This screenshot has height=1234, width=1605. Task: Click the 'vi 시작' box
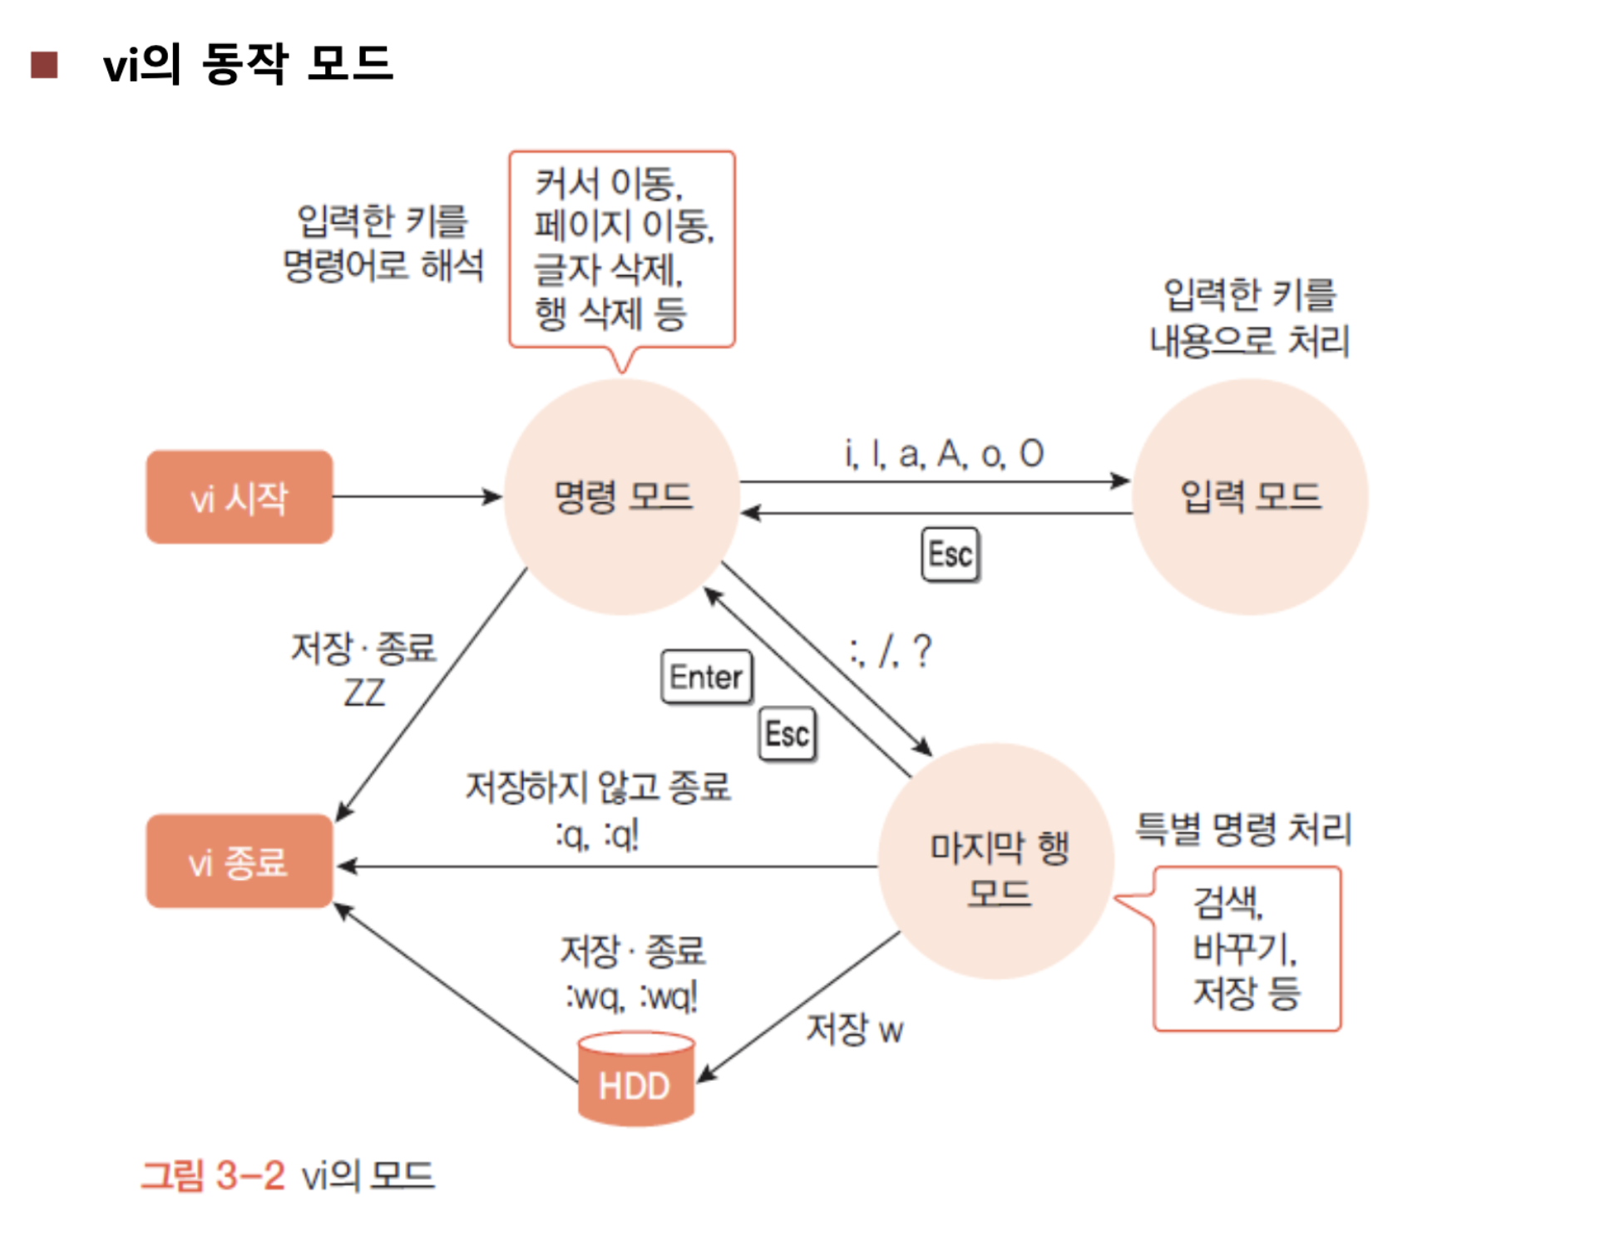[240, 497]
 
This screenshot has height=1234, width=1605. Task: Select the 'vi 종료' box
[240, 861]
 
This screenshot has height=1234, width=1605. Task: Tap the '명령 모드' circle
[622, 497]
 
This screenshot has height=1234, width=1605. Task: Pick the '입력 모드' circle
[1249, 497]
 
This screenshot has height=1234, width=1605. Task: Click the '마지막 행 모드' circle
[996, 861]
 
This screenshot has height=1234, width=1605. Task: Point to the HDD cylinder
[636, 1079]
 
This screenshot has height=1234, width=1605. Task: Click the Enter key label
[707, 677]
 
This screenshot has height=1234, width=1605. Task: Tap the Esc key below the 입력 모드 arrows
[951, 554]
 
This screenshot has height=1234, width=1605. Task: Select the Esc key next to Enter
[787, 733]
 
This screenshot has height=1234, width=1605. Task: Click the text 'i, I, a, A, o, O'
[944, 454]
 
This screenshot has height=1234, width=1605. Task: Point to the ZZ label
[364, 693]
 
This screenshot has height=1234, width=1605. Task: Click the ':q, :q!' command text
[598, 835]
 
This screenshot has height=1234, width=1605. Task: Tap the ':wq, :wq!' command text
[632, 995]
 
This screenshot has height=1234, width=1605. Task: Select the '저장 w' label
[855, 1029]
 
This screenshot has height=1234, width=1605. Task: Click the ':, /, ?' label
[891, 651]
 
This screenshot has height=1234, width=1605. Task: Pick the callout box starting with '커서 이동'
[622, 249]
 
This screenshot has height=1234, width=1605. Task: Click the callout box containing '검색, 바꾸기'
[1247, 948]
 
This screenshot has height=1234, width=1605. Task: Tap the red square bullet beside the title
[44, 65]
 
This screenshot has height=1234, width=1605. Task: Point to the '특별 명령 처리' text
[1243, 828]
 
